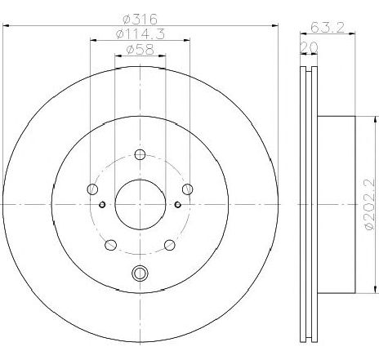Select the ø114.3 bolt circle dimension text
[x=140, y=36]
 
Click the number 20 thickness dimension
[x=309, y=47]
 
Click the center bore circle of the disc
[x=140, y=204]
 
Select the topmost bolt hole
[x=140, y=155]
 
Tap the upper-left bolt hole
[x=91, y=190]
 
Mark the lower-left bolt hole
[x=110, y=244]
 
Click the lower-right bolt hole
[x=169, y=244]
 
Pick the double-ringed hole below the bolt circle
[x=140, y=274]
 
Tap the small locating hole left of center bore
[x=102, y=204]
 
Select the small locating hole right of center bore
[x=177, y=204]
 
